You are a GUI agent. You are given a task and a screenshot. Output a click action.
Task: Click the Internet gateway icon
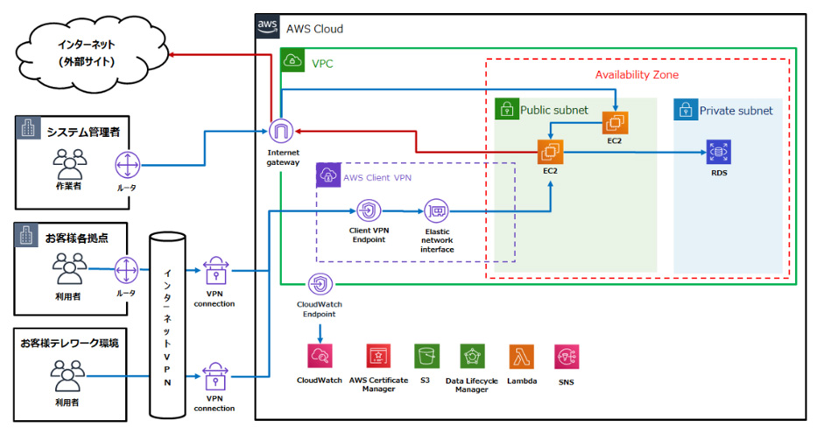point(282,132)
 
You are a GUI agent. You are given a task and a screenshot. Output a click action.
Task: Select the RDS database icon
point(719,152)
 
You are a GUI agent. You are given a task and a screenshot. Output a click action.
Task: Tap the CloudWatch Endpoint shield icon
point(321,284)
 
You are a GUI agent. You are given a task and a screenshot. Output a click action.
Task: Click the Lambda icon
point(520,356)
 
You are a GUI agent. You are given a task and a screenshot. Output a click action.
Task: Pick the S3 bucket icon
point(427,356)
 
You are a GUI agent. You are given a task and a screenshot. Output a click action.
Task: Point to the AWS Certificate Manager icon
point(378,356)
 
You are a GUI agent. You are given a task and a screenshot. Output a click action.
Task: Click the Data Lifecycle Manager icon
point(473,356)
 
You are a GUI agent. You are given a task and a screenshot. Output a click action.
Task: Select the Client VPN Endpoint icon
point(368,211)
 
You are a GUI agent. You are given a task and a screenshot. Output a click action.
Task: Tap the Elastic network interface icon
point(436,211)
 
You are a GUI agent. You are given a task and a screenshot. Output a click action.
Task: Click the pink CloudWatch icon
point(321,356)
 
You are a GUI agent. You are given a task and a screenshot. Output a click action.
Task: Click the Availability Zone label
point(637,75)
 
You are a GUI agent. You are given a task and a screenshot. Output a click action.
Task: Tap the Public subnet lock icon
point(506,110)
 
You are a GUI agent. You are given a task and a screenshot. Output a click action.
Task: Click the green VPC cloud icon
point(293,62)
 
